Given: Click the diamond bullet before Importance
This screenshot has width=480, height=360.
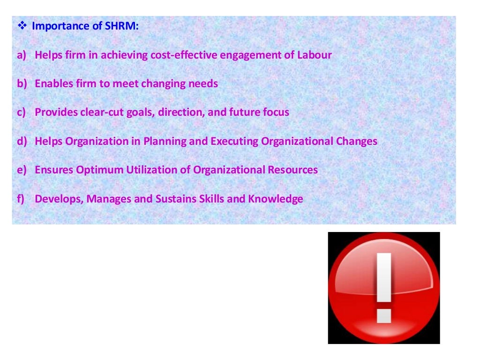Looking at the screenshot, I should pyautogui.click(x=23, y=26).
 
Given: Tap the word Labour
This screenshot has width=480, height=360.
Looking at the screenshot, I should pyautogui.click(x=315, y=55).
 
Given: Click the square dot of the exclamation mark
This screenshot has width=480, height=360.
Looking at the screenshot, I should pyautogui.click(x=384, y=315).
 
